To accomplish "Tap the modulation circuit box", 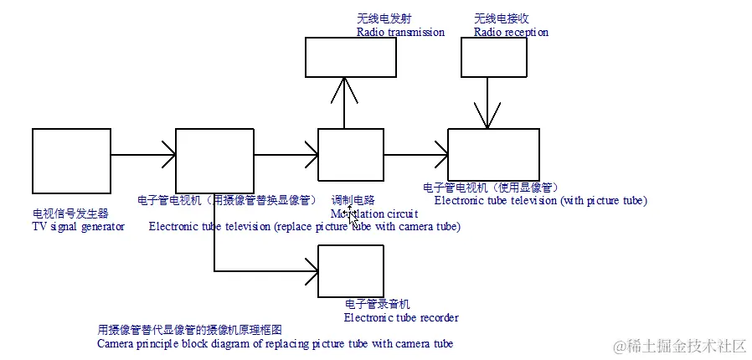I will [351, 155].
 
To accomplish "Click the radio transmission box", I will [343, 57].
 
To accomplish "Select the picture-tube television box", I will [493, 155].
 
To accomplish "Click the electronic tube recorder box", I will [351, 270].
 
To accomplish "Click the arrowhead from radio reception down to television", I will [487, 122].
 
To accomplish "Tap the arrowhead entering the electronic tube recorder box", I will [312, 271].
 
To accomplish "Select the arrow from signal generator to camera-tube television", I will [142, 155].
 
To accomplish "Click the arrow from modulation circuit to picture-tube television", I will [415, 155].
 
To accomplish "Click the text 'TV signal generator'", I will [78, 227].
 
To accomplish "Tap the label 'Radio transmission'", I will [400, 33].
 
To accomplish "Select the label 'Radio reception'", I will [511, 33].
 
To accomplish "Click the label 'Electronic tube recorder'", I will [401, 317].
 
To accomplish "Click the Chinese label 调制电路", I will [353, 201].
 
